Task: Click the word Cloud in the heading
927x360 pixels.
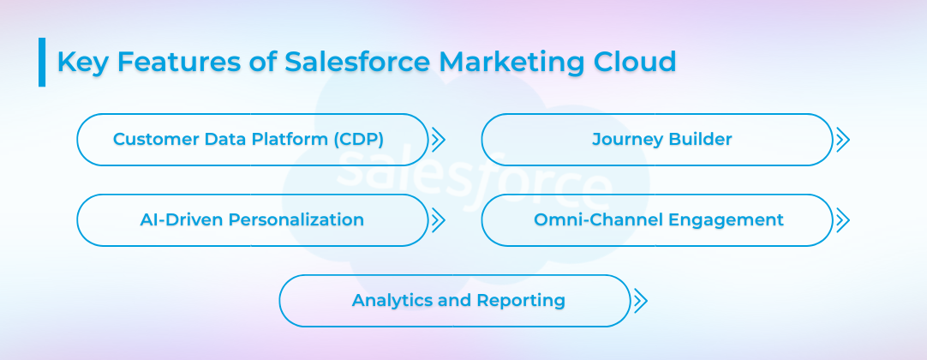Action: click(x=636, y=63)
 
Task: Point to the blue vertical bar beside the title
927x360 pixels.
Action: click(x=42, y=62)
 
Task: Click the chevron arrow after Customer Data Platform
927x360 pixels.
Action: click(x=438, y=140)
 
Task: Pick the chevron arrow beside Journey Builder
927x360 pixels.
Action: click(x=842, y=140)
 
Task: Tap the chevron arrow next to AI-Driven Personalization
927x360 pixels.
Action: click(x=438, y=220)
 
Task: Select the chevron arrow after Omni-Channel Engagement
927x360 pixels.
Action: click(x=842, y=220)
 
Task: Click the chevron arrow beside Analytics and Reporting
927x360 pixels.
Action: click(x=640, y=301)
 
